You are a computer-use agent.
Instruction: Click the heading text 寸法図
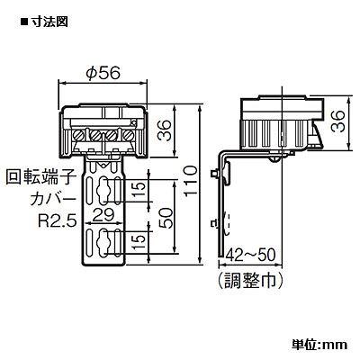coord(49,22)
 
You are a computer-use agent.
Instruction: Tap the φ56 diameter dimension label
coord(103,73)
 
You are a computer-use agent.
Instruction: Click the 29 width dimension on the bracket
coord(103,215)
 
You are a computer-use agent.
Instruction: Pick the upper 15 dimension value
coord(139,191)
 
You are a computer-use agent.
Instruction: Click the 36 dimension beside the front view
coord(165,130)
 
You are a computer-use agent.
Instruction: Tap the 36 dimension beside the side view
coord(337,121)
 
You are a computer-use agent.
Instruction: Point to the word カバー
coord(53,200)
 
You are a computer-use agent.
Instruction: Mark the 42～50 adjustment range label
coord(250,256)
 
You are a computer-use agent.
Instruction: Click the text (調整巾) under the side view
coord(250,280)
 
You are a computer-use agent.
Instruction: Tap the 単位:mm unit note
coord(319,344)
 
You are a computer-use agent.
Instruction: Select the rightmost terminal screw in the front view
coord(129,135)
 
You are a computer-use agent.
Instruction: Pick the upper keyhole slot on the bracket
coord(103,191)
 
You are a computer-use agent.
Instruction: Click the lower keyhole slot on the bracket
coord(103,242)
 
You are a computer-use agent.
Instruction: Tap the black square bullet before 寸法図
coord(23,22)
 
